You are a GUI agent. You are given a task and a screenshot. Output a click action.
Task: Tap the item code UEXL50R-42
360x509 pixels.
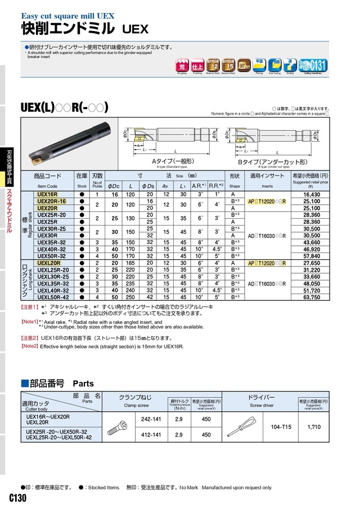tap(53, 297)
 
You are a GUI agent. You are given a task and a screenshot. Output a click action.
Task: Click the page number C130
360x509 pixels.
tap(18, 498)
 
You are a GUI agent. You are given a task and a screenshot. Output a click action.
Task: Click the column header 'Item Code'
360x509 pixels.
tap(47, 186)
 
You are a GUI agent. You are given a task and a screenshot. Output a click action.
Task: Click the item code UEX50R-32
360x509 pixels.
tap(52, 255)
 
